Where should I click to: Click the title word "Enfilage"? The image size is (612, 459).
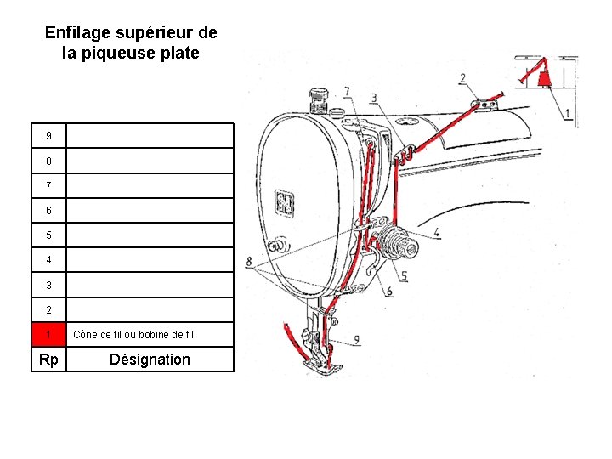[77, 33]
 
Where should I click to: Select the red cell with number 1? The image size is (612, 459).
[48, 334]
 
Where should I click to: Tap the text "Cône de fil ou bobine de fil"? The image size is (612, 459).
[133, 334]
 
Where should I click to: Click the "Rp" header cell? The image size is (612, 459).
[48, 360]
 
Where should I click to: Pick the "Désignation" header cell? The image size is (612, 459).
[150, 360]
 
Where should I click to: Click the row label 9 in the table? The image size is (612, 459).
[48, 136]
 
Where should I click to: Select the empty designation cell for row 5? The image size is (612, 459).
[150, 235]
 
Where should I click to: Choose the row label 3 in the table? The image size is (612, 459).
[48, 285]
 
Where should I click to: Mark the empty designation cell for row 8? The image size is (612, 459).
[150, 161]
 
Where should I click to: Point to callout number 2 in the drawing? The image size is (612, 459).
[462, 79]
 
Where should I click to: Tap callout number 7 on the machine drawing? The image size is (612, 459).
[346, 92]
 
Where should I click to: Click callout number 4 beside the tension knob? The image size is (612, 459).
[436, 232]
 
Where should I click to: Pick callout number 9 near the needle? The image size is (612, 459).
[356, 339]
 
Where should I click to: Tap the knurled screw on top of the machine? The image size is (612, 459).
[320, 100]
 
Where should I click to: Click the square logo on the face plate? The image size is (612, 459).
[282, 202]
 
